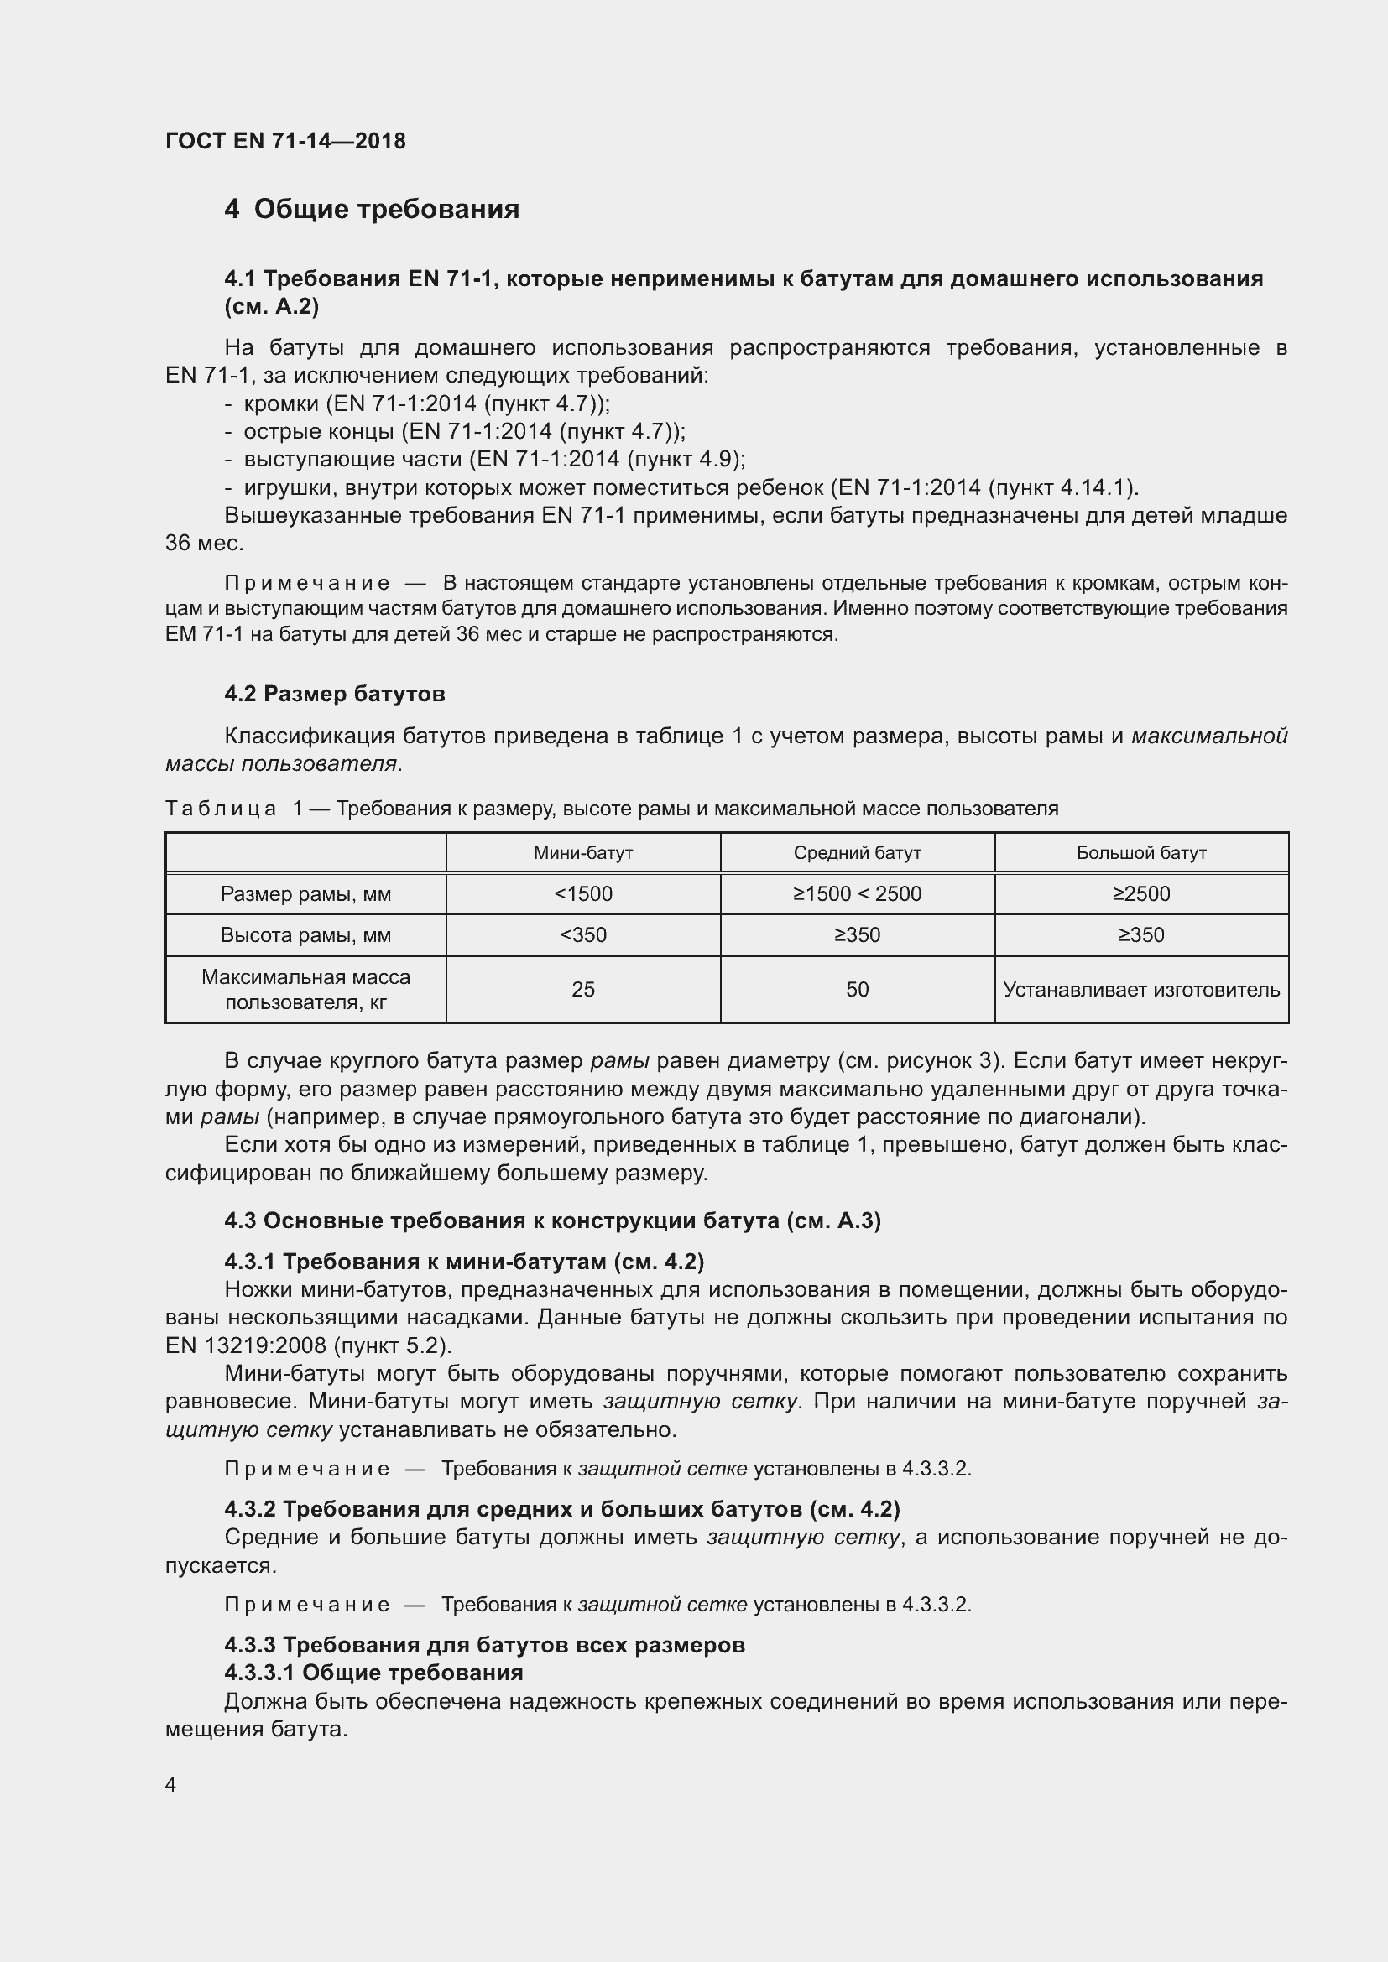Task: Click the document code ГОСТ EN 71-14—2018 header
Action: point(285,141)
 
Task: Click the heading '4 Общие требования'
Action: point(372,210)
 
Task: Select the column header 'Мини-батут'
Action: point(583,853)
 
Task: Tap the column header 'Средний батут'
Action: point(858,853)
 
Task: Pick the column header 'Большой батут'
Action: point(1141,853)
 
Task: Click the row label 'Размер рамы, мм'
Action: point(305,894)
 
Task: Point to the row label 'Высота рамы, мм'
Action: point(305,934)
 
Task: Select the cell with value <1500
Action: point(583,894)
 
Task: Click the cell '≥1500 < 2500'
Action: point(858,894)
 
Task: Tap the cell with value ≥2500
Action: point(1141,894)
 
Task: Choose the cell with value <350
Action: point(583,934)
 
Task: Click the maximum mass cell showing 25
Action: point(583,990)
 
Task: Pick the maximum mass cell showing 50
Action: point(858,990)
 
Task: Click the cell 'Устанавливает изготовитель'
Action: point(1141,990)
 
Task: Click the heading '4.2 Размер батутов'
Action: point(334,694)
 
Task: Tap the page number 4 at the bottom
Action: point(171,1785)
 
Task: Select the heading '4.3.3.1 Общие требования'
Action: point(373,1673)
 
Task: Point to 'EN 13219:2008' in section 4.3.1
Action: point(246,1345)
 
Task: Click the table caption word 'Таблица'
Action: point(221,809)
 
